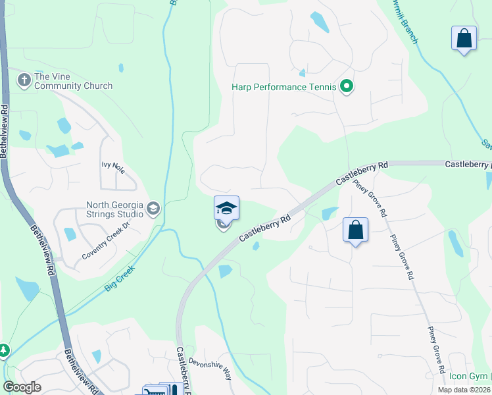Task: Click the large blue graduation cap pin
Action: tap(226, 208)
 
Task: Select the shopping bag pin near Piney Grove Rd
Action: tap(355, 230)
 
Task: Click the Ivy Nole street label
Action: tap(113, 165)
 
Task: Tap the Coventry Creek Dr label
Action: tap(107, 248)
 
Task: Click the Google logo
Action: tap(22, 387)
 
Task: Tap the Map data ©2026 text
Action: tap(464, 390)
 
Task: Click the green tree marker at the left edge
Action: tap(3, 350)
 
